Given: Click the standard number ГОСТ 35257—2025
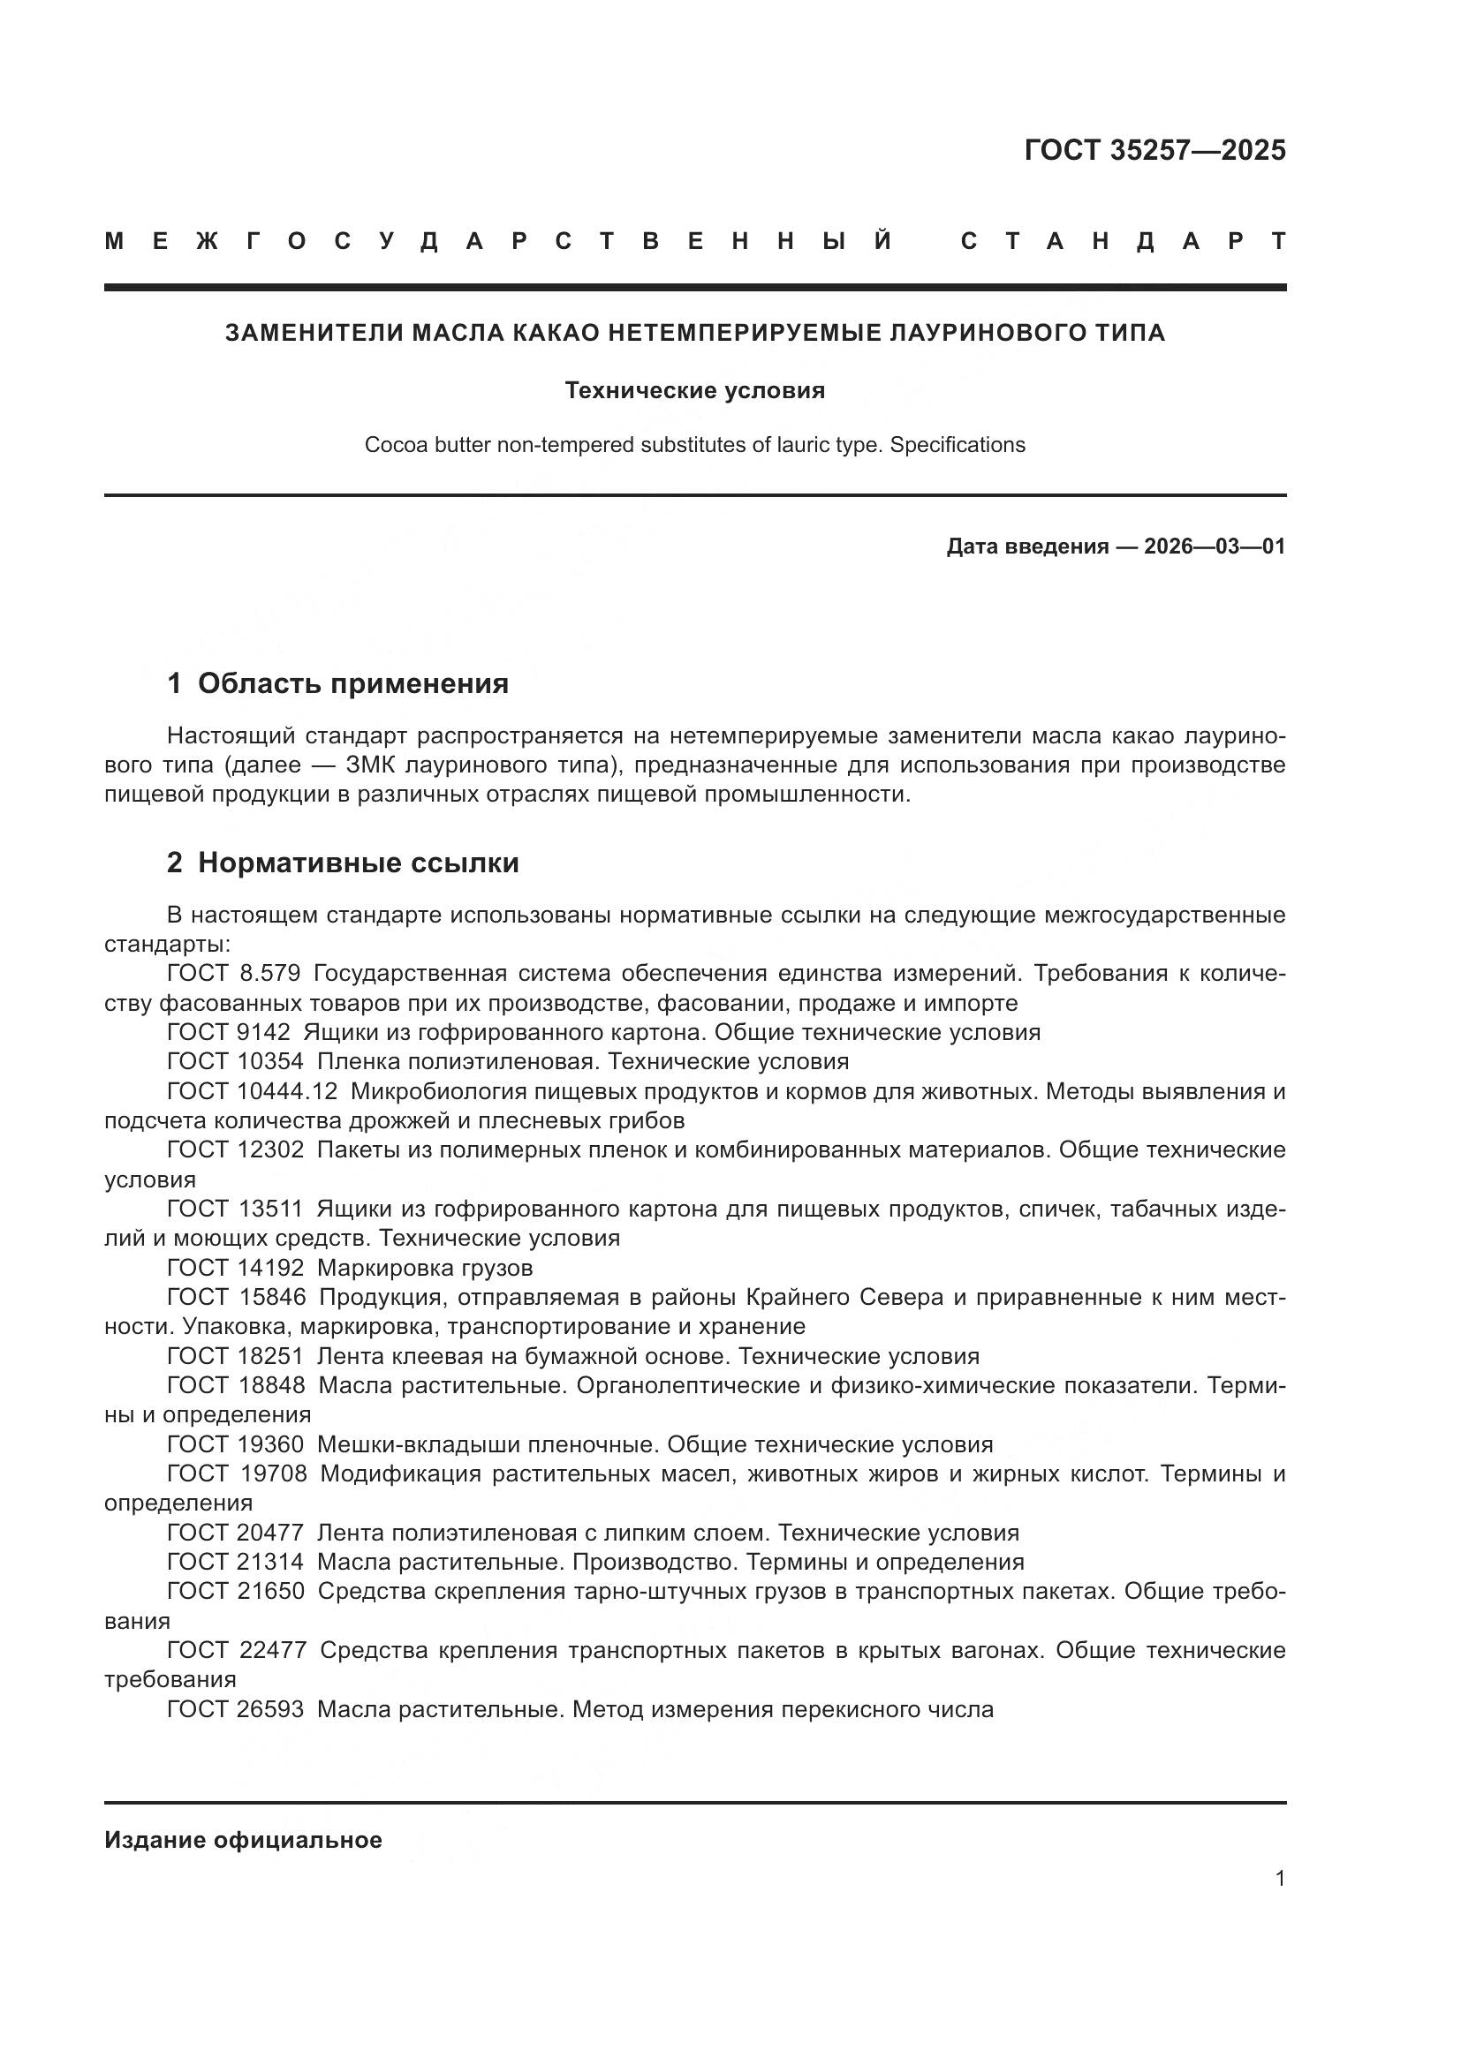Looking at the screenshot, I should (x=1154, y=149).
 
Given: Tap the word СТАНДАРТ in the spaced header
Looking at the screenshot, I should (x=1123, y=241).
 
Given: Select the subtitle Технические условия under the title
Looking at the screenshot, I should (x=694, y=390).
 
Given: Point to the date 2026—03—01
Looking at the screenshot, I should (x=1215, y=546).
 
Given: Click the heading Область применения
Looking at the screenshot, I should (x=352, y=683).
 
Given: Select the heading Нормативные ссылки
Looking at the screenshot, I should (x=358, y=863).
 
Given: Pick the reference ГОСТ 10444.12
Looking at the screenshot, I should (x=252, y=1091).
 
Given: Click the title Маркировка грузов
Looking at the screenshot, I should (x=425, y=1268).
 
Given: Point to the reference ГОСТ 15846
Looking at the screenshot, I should (x=237, y=1297).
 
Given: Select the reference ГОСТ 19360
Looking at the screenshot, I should (x=236, y=1444).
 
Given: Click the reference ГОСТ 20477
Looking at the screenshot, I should (x=236, y=1533).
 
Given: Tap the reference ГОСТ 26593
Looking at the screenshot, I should (x=236, y=1709).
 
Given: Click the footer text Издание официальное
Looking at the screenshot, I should (x=243, y=1840).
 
